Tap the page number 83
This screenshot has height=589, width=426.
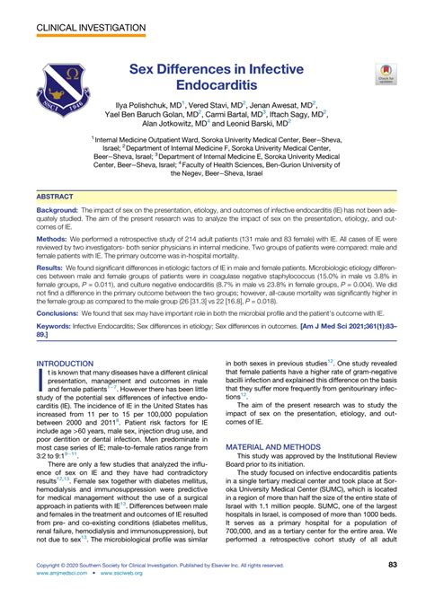pyautogui.click(x=392, y=566)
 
